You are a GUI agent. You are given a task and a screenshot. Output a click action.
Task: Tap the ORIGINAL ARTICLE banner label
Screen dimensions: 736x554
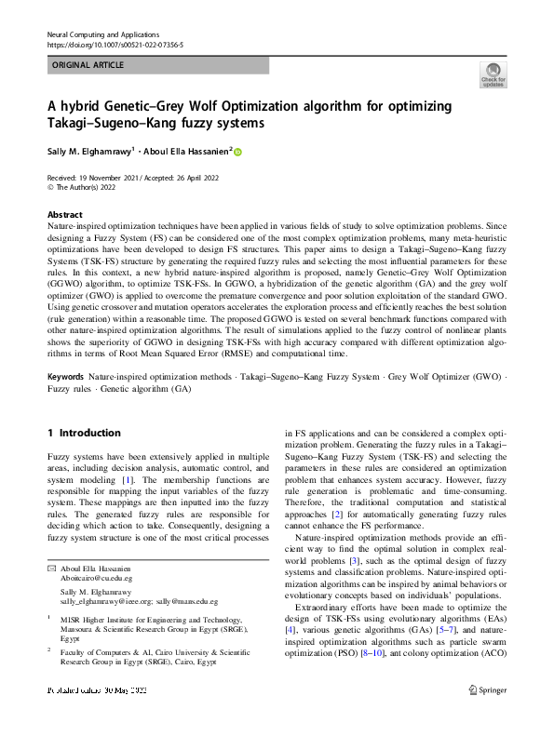86,65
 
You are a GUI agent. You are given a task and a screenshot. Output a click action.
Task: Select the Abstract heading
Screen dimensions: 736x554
64,214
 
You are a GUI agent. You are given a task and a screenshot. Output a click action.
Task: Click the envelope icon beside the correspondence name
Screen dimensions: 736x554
51,568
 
